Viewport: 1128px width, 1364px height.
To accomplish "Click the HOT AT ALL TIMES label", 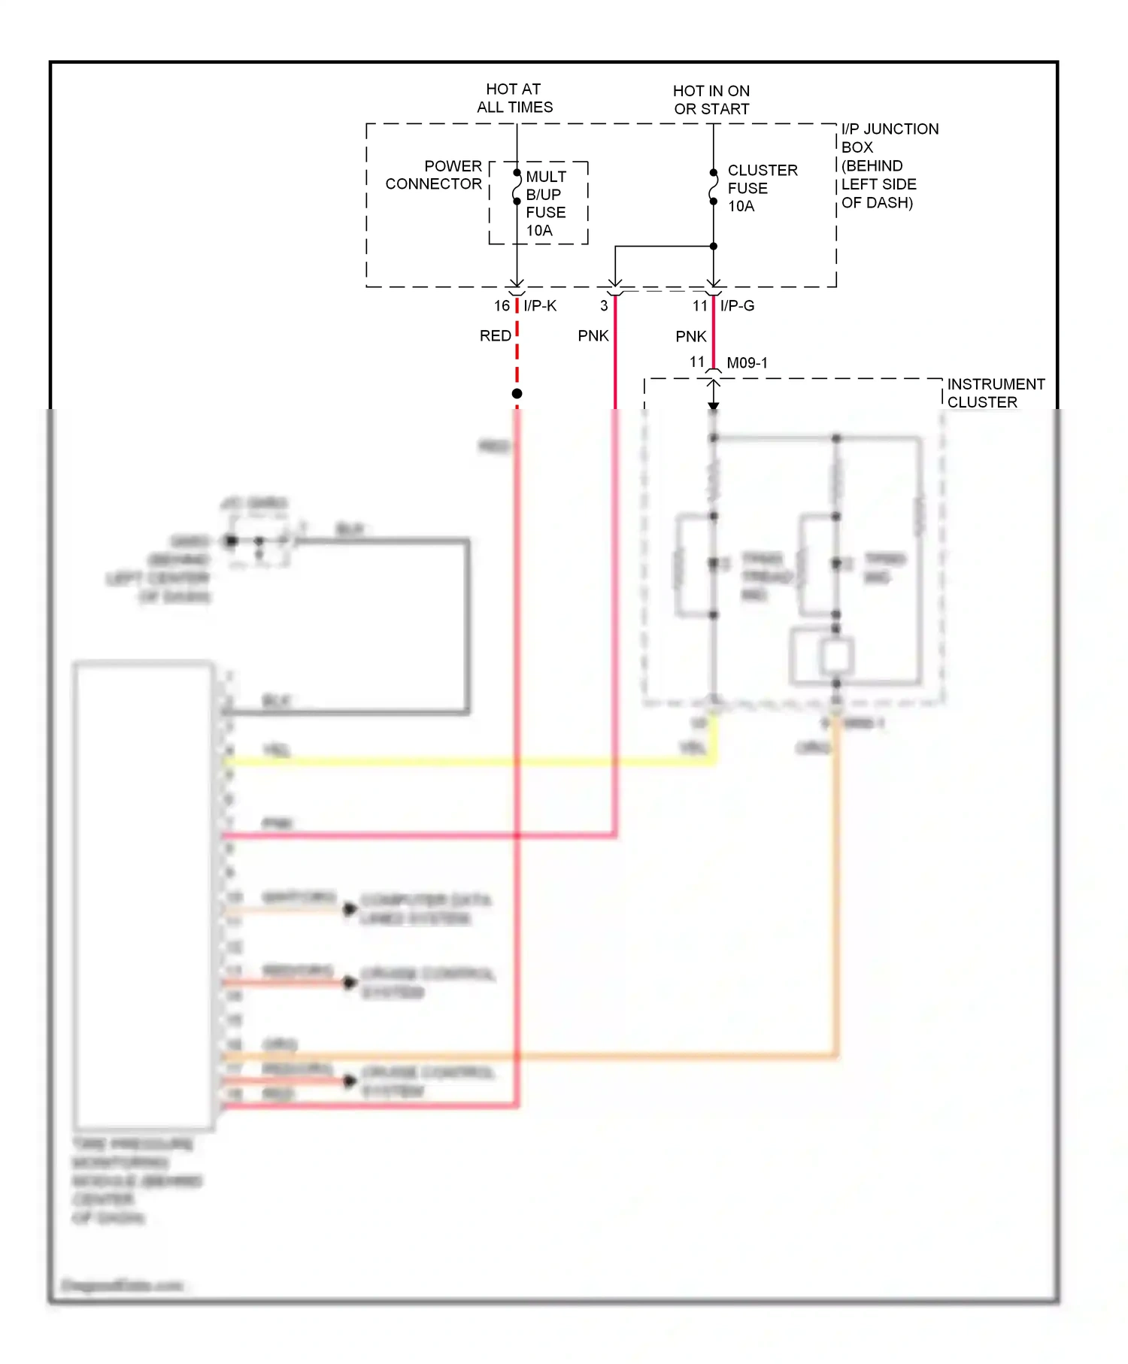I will coord(514,99).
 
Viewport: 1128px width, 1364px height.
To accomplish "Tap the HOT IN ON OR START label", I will coord(711,100).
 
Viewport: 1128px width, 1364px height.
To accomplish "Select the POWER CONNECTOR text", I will coord(434,175).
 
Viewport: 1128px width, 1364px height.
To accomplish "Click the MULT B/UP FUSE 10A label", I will coord(546,204).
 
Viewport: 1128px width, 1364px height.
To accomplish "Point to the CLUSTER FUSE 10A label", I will coord(762,188).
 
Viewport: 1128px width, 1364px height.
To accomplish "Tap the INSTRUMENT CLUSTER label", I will coord(995,393).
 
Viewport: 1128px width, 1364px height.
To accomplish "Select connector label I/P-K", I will coord(540,306).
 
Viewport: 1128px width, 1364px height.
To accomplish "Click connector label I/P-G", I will coord(737,306).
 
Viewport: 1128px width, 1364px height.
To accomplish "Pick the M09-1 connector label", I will coord(747,363).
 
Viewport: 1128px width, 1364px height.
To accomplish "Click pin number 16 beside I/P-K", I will coord(502,306).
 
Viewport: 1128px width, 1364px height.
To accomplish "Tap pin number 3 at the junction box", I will coord(604,306).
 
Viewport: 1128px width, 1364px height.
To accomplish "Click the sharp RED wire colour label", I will coord(495,336).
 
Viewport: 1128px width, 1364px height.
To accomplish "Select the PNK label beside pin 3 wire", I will coord(593,336).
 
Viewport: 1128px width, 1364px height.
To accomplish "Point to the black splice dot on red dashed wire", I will coord(517,394).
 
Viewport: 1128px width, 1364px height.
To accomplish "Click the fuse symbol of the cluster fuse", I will coord(713,187).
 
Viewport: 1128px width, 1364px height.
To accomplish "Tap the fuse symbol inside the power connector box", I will coord(517,187).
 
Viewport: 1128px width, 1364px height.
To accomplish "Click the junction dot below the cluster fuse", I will coord(713,246).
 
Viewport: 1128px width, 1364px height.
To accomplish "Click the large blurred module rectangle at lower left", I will coord(143,895).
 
